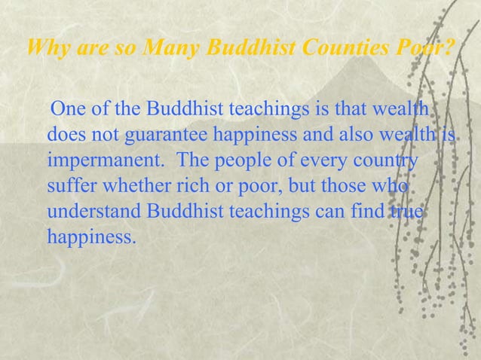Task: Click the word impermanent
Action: click(99, 162)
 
